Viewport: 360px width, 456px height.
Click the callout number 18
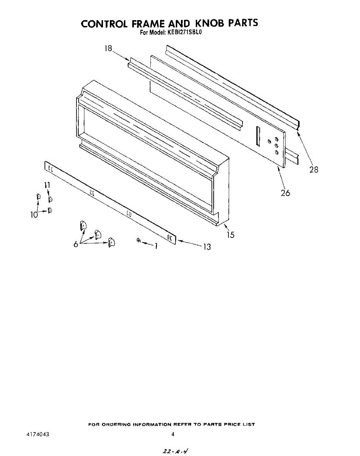[x=108, y=49]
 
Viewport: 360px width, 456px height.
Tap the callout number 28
[x=314, y=169]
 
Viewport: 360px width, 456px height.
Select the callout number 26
[x=285, y=193]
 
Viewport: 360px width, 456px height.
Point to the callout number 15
[x=230, y=235]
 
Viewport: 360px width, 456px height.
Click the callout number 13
[x=206, y=247]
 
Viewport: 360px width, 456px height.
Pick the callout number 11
[x=47, y=185]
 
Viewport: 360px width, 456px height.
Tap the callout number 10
[x=34, y=215]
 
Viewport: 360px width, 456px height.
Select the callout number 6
[x=76, y=244]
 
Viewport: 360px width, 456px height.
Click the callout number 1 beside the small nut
[x=155, y=246]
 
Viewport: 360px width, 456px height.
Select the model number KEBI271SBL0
[x=184, y=33]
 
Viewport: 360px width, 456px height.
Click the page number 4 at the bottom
[x=173, y=434]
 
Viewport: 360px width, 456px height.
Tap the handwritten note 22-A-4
[x=174, y=451]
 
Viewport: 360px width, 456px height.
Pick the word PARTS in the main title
[x=243, y=24]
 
